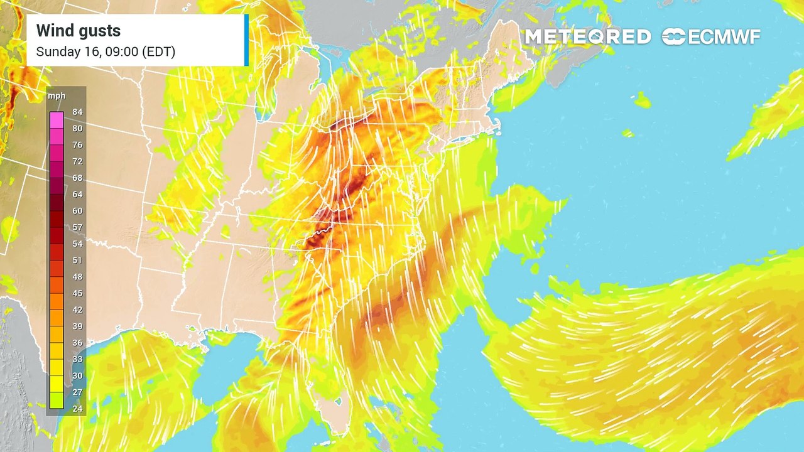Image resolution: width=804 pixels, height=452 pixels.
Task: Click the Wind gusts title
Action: [79, 31]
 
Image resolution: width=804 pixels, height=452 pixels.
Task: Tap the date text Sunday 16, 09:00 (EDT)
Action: [106, 52]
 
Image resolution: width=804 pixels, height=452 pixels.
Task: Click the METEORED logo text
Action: [588, 37]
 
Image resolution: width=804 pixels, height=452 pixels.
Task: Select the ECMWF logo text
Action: [724, 37]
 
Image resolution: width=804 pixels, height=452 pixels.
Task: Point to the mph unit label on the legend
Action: [57, 97]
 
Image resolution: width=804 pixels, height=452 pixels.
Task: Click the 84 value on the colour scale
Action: [78, 112]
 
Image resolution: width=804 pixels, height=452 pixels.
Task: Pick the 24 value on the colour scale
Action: [78, 409]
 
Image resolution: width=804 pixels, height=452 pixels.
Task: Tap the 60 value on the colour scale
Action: [78, 211]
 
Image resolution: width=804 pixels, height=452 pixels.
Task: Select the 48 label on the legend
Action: [78, 277]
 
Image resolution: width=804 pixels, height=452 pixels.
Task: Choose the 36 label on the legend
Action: [78, 343]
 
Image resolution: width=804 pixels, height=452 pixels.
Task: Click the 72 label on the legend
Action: [78, 161]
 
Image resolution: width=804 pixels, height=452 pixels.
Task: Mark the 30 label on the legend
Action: [78, 375]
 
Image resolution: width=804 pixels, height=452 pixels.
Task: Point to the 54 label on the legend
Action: [78, 244]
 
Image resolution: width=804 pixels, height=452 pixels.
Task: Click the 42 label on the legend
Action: [78, 309]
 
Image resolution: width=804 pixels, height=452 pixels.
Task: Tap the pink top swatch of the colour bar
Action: [57, 120]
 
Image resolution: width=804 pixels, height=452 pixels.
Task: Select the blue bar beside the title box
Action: [246, 40]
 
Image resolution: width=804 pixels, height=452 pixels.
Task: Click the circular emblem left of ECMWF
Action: [673, 37]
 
